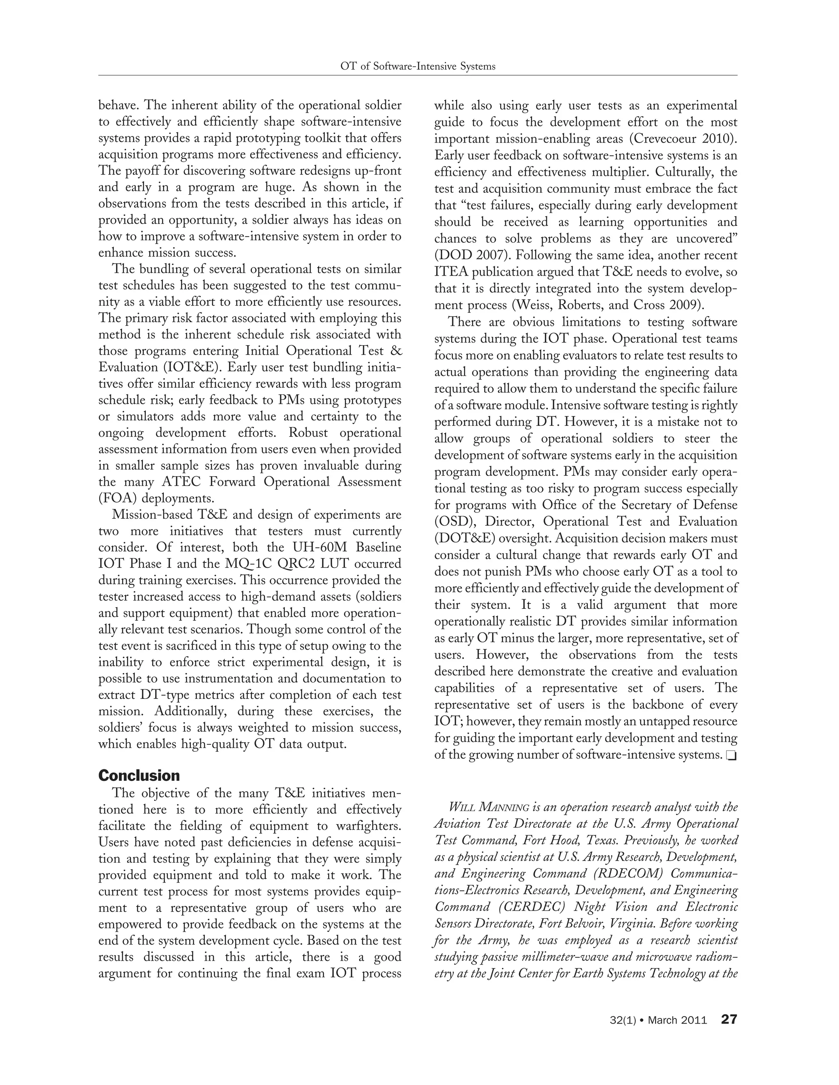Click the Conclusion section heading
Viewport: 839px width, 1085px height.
(139, 775)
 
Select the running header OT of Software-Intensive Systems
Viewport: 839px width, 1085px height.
(417, 66)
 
